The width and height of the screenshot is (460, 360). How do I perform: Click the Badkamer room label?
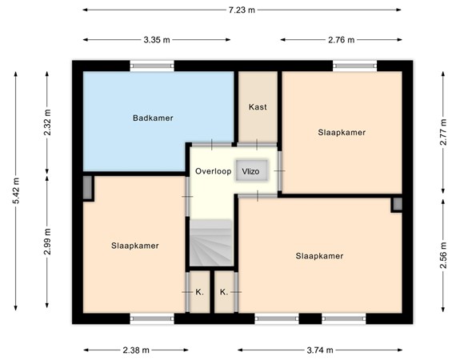153,118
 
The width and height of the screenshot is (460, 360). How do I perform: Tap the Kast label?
258,106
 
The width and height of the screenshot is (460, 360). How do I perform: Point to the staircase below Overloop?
210,244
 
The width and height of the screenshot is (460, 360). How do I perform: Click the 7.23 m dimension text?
240,10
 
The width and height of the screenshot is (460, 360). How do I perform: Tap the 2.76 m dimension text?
341,38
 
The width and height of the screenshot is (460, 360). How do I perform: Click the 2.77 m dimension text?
445,128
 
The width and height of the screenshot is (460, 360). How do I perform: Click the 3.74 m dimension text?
321,350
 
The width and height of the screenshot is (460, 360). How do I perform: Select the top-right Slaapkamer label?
342,133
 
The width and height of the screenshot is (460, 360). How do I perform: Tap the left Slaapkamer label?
135,246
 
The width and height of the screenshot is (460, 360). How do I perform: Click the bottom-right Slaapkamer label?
319,256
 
